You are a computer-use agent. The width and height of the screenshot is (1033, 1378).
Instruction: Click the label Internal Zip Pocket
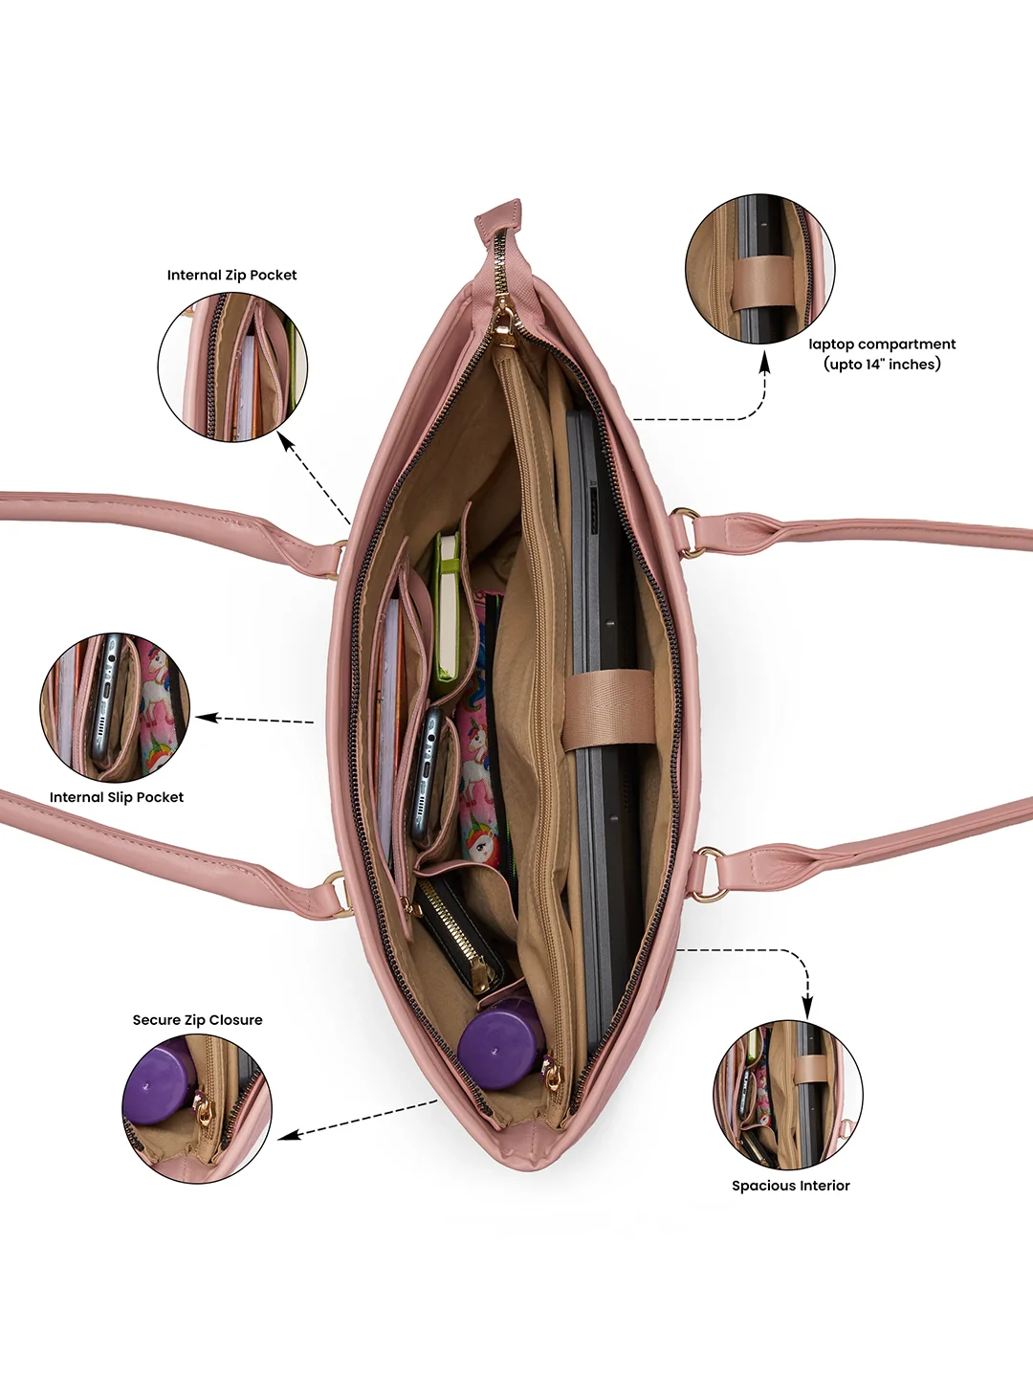pyautogui.click(x=231, y=275)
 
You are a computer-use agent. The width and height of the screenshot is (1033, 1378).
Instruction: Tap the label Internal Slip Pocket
pyautogui.click(x=117, y=797)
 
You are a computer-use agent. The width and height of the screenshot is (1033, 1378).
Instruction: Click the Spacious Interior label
pyautogui.click(x=791, y=1186)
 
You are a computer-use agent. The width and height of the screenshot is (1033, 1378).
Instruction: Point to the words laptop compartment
pyautogui.click(x=882, y=344)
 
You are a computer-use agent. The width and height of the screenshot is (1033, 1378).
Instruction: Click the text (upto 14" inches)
pyautogui.click(x=882, y=365)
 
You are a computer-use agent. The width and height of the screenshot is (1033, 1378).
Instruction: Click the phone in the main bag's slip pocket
pyautogui.click(x=427, y=775)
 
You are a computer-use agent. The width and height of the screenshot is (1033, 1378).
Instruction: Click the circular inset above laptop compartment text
pyautogui.click(x=760, y=269)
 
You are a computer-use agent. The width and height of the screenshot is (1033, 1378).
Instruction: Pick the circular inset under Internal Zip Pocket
pyautogui.click(x=232, y=366)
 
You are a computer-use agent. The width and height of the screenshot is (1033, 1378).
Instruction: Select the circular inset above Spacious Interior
pyautogui.click(x=788, y=1095)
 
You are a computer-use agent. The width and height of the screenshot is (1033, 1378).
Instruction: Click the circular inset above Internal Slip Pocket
pyautogui.click(x=116, y=707)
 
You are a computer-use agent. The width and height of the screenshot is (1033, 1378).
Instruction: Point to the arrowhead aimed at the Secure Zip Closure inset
pyautogui.click(x=287, y=1134)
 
